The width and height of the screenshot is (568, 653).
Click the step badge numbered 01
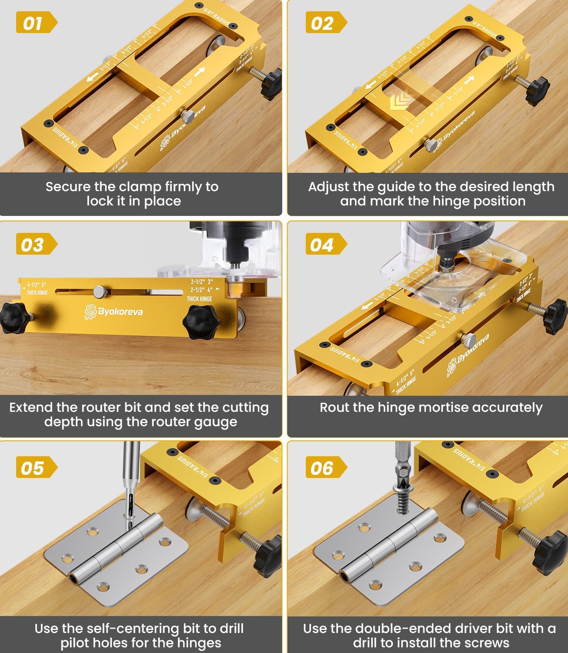35,23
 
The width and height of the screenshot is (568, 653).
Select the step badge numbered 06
325,468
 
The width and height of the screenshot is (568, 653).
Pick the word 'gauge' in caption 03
215,422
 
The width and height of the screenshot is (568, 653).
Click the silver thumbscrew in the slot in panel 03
100,291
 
